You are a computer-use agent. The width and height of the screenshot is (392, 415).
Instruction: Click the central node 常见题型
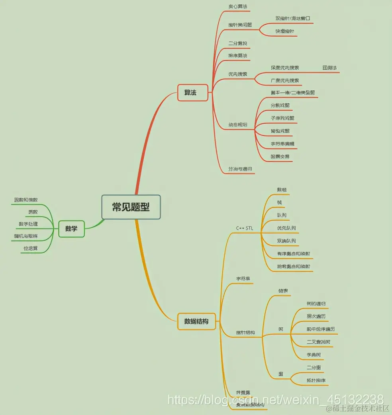pyautogui.click(x=131, y=207)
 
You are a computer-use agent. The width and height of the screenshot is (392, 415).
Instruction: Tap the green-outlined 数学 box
pyautogui.click(x=71, y=229)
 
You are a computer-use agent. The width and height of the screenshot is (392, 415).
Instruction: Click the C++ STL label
pyautogui.click(x=244, y=228)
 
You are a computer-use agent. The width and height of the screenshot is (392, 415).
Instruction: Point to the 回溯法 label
pyautogui.click(x=329, y=68)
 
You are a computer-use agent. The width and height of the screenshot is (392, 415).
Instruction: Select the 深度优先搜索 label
pyautogui.click(x=285, y=68)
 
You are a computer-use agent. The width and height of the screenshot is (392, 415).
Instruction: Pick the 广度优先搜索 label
pyautogui.click(x=284, y=80)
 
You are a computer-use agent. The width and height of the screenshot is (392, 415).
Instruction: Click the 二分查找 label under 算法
pyautogui.click(x=238, y=43)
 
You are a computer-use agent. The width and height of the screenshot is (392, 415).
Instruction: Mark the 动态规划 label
pyautogui.click(x=238, y=125)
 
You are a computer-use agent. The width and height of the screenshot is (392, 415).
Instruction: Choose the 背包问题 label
pyautogui.click(x=280, y=131)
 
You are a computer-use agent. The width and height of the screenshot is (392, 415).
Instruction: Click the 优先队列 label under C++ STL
pyautogui.click(x=286, y=228)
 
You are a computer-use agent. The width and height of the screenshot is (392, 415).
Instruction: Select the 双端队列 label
pyautogui.click(x=286, y=241)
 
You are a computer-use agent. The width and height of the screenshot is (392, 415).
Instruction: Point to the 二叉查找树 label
pyautogui.click(x=318, y=342)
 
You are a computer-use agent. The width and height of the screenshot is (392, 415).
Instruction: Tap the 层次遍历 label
pyautogui.click(x=316, y=316)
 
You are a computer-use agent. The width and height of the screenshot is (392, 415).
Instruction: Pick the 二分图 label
pyautogui.click(x=314, y=367)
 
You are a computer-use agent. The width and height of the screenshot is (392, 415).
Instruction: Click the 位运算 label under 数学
pyautogui.click(x=30, y=249)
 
